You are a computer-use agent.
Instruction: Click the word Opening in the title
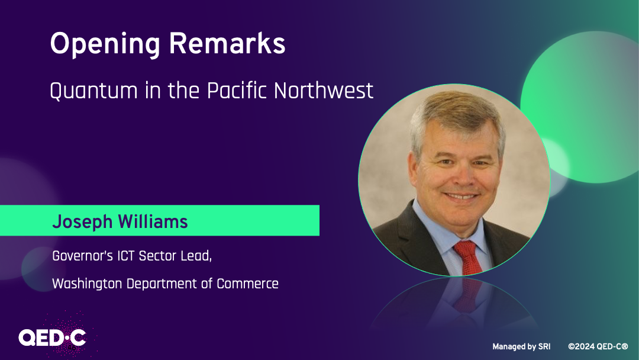(105, 44)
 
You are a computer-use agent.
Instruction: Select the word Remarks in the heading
(227, 43)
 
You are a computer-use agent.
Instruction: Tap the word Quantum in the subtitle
(93, 91)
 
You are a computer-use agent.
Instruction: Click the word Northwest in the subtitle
(324, 90)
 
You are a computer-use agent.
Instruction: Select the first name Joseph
(82, 222)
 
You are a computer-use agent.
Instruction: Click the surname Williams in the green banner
(153, 221)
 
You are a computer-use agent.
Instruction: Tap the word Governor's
(83, 256)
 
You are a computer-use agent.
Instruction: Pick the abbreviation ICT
(126, 256)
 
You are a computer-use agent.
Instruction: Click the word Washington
(87, 284)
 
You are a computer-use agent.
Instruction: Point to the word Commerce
(247, 284)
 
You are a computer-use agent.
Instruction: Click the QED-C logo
(53, 337)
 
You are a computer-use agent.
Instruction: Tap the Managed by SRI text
(521, 346)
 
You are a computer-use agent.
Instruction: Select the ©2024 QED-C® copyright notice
(598, 346)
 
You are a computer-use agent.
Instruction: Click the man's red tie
(468, 257)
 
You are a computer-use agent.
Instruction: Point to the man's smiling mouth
(461, 196)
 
